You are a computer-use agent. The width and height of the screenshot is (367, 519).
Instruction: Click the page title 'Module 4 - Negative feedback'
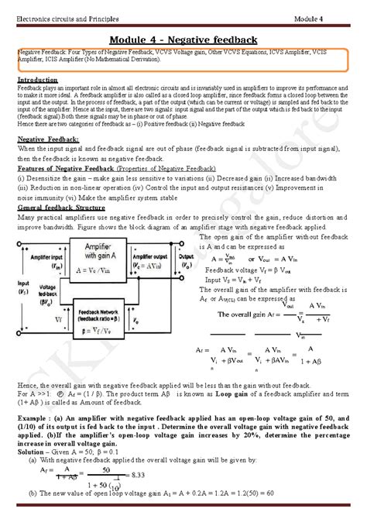click(183, 40)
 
